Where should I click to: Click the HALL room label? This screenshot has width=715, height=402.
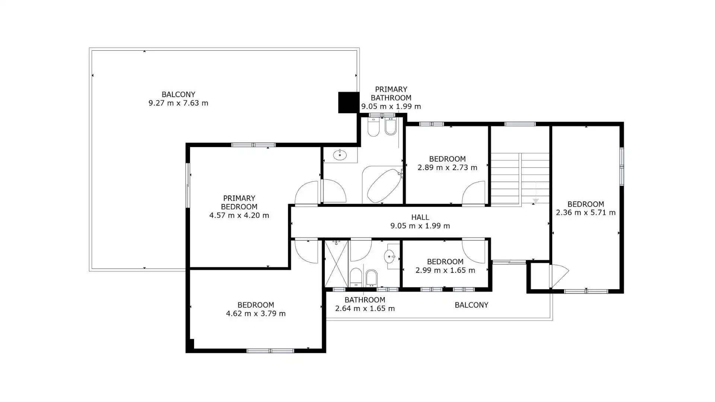point(420,217)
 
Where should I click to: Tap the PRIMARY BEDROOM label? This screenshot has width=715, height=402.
point(239,202)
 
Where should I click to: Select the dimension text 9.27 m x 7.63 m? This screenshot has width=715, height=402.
point(178,103)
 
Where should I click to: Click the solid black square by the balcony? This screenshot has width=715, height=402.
point(349,102)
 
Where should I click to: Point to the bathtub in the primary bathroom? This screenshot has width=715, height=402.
point(384,185)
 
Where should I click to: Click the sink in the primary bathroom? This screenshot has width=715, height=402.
point(340,154)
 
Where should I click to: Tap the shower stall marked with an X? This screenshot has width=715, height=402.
point(336,264)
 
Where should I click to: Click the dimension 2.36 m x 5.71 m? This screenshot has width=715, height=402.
point(586,213)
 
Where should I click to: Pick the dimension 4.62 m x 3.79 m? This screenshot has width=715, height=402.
point(256,313)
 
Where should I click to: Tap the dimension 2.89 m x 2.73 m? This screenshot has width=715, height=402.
point(447,167)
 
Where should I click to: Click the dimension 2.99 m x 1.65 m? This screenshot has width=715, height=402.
point(445,270)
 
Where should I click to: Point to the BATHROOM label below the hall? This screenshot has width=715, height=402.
point(365,300)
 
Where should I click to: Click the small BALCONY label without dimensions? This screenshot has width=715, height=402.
point(471,305)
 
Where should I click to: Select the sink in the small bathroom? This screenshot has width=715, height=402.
point(390,256)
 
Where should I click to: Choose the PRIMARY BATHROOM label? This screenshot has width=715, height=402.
point(391,93)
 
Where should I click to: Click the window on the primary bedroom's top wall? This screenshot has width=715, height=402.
point(253,145)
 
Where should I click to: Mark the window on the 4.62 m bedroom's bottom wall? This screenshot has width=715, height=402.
point(270,351)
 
